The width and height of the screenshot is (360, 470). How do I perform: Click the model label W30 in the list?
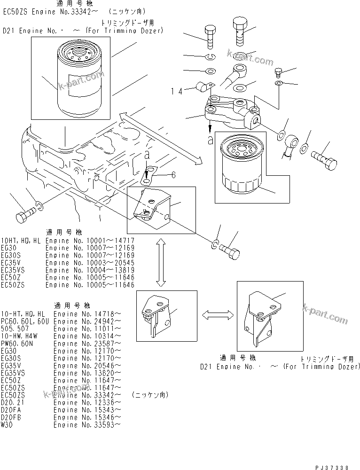(7, 424)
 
